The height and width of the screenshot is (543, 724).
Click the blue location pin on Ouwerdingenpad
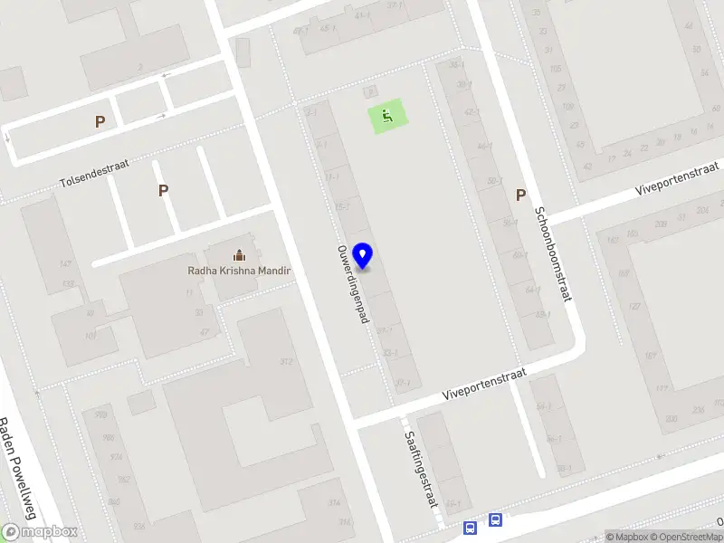click(x=363, y=256)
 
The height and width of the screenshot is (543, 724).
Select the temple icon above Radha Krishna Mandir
click(x=239, y=255)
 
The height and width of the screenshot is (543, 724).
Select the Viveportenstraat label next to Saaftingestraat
click(x=484, y=385)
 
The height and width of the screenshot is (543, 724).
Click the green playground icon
click(x=386, y=116)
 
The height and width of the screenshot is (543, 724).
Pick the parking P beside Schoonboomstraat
click(x=520, y=195)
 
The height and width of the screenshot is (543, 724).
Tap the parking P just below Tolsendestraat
click(x=163, y=190)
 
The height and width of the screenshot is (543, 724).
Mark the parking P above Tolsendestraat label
click(x=100, y=121)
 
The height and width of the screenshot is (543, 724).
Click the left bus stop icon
click(x=471, y=527)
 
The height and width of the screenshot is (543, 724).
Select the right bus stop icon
click(x=495, y=520)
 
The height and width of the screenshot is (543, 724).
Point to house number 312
click(x=286, y=361)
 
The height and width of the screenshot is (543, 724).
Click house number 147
click(x=65, y=263)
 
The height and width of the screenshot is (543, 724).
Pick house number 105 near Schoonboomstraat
click(x=556, y=69)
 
